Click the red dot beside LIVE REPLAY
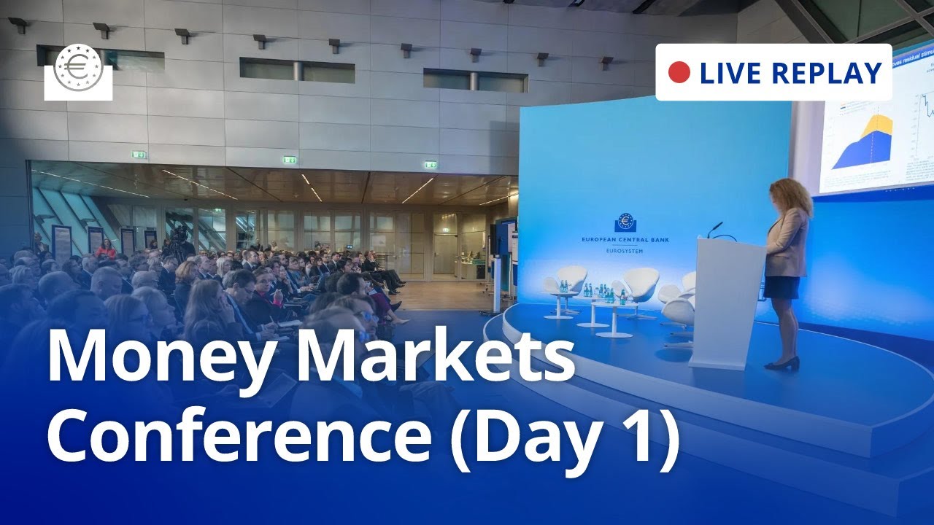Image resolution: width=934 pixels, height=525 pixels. tap(679, 72)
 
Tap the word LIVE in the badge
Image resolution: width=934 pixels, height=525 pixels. tap(730, 73)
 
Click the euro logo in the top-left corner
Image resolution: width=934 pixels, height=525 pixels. tap(79, 71)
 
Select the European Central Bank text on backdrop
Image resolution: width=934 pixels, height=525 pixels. tap(625, 239)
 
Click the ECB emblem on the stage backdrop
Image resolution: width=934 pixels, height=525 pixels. tap(625, 222)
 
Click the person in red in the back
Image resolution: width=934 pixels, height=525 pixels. tap(107, 249)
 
